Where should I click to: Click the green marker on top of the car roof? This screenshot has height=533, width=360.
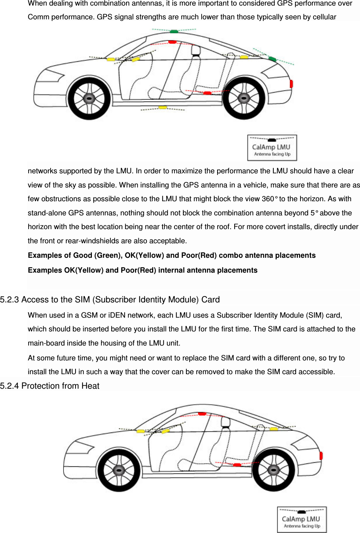click(x=174, y=32)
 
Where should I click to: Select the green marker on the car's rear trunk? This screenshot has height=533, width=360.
click(x=272, y=59)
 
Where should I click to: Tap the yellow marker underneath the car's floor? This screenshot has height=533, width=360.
click(x=163, y=107)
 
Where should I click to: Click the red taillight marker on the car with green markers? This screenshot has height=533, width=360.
click(x=291, y=83)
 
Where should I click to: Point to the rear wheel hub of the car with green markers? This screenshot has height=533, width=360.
click(x=244, y=99)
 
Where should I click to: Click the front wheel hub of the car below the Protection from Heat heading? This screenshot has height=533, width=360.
click(x=119, y=471)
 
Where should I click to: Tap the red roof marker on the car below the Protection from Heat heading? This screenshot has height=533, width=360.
click(x=202, y=414)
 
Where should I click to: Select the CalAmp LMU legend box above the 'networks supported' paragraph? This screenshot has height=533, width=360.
click(x=272, y=148)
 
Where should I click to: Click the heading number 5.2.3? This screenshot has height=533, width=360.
click(x=9, y=300)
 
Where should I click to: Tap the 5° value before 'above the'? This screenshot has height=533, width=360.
click(x=314, y=213)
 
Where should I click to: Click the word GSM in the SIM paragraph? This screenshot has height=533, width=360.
click(x=89, y=315)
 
